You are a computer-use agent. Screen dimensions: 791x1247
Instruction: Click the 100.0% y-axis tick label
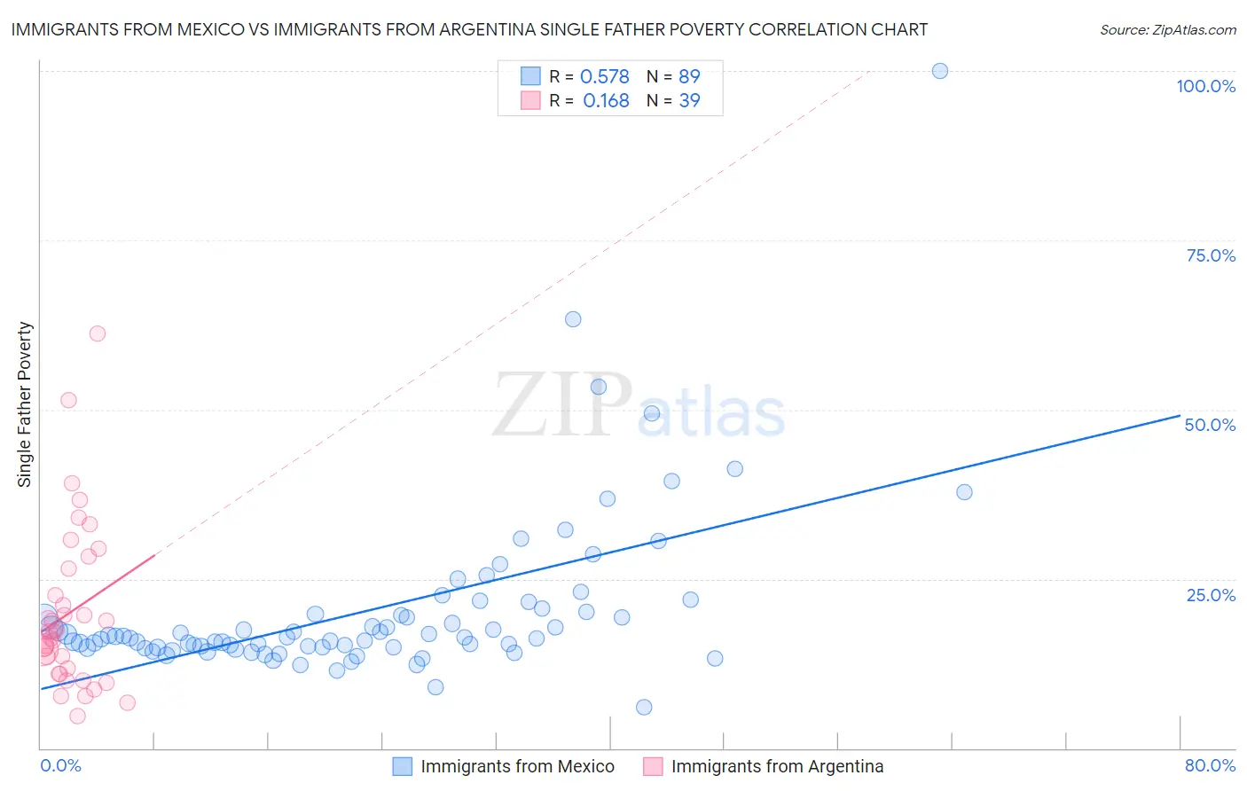1205,86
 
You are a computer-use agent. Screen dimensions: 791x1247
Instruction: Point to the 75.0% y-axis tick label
1211,255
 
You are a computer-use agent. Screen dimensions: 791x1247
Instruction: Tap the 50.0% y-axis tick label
1210,425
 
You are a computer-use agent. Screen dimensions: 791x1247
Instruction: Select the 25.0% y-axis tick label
1211,595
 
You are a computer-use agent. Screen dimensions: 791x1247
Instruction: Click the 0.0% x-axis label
60,765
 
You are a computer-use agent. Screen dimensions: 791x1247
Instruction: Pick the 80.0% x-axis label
1210,765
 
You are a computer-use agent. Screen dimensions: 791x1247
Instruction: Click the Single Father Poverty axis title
25,403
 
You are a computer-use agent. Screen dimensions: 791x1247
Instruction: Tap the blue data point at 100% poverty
940,71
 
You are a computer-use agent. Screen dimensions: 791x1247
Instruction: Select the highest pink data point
98,333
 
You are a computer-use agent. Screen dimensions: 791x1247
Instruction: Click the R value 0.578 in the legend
604,76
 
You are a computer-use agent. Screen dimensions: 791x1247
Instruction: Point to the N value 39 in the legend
689,100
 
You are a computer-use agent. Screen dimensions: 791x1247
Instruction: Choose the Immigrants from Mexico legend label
517,766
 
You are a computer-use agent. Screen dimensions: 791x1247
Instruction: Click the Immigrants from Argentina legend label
777,766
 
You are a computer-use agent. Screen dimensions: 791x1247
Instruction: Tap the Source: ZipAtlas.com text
1167,30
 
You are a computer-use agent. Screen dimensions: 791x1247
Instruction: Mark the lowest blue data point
644,707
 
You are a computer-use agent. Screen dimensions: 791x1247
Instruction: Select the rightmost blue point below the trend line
964,492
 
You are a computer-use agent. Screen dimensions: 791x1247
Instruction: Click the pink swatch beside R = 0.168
530,100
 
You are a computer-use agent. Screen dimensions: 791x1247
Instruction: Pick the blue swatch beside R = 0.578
530,76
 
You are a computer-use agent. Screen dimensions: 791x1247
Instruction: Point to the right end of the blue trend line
1180,415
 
